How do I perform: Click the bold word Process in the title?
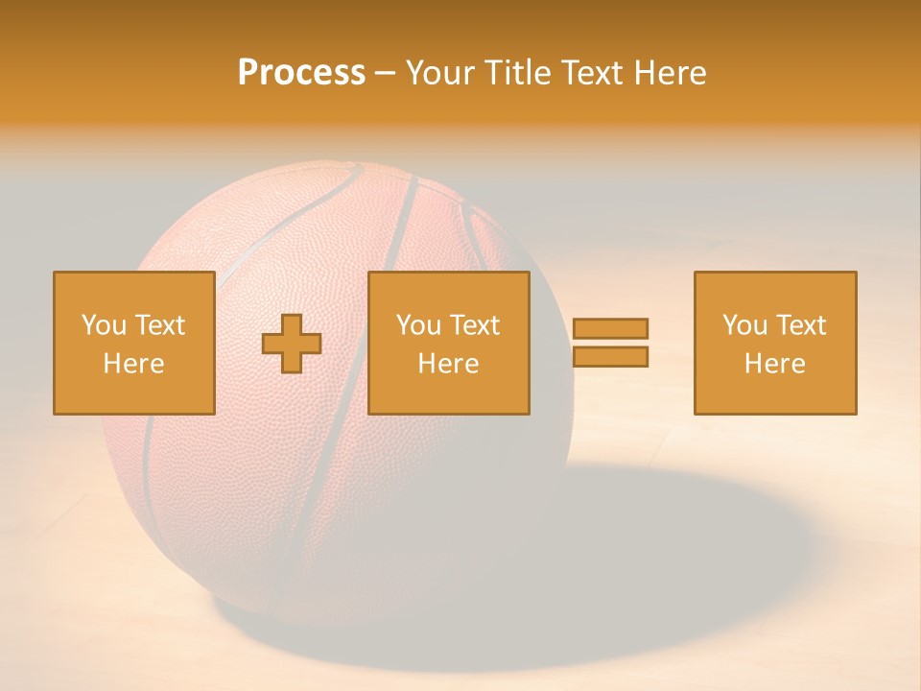point(301,73)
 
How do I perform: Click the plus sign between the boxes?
point(292,344)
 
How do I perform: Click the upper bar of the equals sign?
point(610,328)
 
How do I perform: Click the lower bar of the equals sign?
point(610,356)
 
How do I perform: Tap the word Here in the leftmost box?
point(133,364)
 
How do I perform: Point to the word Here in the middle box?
point(448,364)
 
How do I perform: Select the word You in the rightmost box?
point(745,325)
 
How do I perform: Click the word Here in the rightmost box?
point(774,364)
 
